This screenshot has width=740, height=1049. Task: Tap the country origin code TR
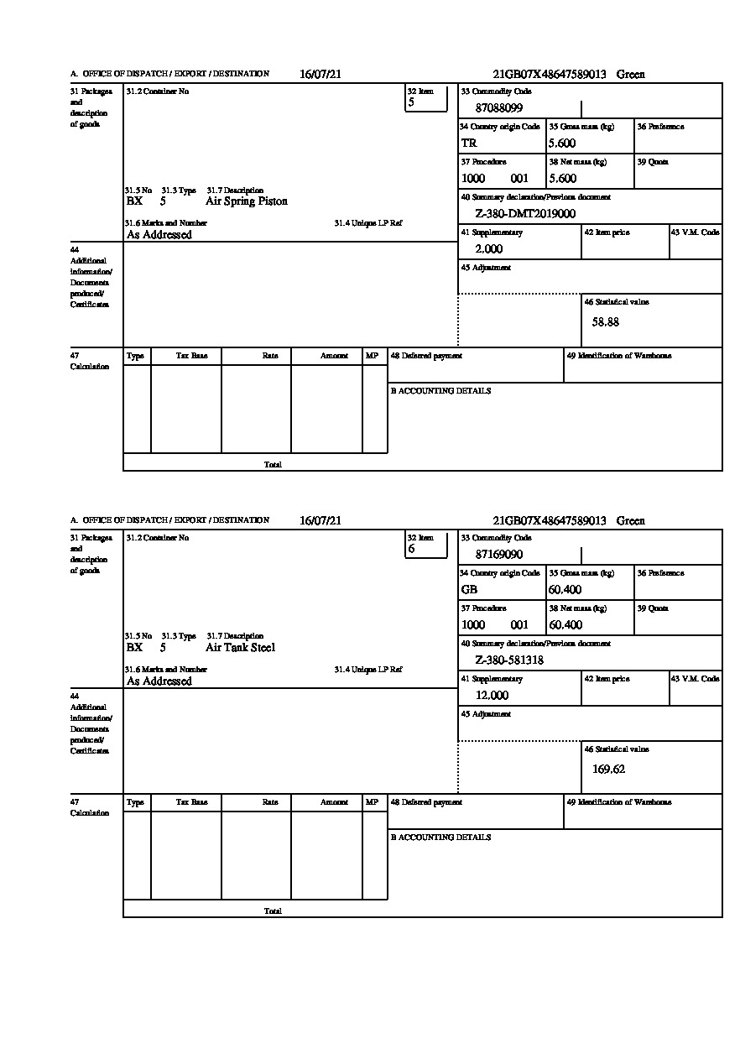(x=469, y=144)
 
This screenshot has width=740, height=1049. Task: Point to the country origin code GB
(x=469, y=590)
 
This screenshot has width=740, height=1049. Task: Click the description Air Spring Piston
(x=247, y=201)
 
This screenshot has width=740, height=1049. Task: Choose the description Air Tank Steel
(x=240, y=648)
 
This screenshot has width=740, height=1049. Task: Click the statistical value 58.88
(x=606, y=322)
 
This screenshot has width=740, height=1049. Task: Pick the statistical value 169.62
(x=608, y=769)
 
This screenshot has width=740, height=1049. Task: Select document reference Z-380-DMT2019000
(x=525, y=214)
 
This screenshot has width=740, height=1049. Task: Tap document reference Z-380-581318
(x=509, y=660)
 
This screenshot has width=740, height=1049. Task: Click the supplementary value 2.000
(x=488, y=249)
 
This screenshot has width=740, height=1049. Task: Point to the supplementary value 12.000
(x=492, y=696)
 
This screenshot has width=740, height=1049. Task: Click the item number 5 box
(x=425, y=99)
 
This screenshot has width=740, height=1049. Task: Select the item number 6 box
(x=425, y=545)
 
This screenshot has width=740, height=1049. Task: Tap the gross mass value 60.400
(x=565, y=590)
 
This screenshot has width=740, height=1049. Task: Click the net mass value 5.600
(x=562, y=179)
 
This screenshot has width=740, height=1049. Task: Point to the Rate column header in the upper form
(x=269, y=356)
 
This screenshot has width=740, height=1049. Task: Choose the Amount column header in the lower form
(x=334, y=802)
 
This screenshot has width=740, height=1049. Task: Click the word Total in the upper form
(x=273, y=464)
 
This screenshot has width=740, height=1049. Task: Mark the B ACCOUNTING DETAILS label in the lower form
(x=440, y=838)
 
